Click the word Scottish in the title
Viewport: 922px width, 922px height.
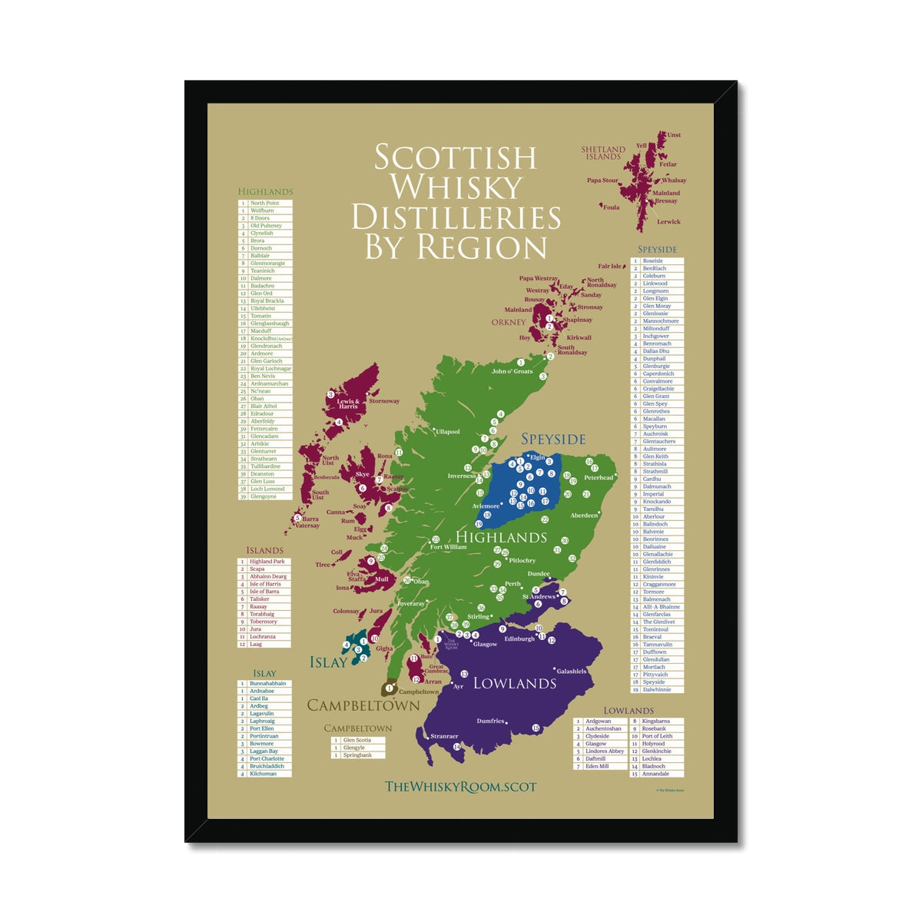[455, 158]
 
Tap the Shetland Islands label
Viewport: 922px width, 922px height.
[603, 153]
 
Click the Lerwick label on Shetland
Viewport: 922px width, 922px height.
[668, 222]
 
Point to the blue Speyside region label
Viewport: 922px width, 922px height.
[553, 439]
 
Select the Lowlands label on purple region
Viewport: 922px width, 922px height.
[514, 683]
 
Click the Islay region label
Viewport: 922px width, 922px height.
[328, 662]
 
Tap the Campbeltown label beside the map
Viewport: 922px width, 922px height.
[363, 705]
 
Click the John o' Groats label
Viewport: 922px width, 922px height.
[512, 371]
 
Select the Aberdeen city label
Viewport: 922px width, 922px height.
[584, 516]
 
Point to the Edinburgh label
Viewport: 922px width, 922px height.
[519, 638]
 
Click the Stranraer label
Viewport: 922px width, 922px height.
[444, 736]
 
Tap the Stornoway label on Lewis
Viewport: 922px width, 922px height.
[384, 401]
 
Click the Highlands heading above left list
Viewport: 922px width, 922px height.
[265, 191]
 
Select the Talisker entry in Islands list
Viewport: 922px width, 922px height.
[260, 599]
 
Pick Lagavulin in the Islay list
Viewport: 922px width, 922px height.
[262, 714]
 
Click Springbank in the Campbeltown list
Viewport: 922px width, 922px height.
[357, 755]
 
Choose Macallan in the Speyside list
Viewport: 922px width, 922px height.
[654, 419]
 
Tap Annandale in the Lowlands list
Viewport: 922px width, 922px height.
[655, 774]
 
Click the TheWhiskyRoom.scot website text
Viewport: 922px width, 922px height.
[460, 786]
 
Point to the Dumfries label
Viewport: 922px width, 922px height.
[490, 721]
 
